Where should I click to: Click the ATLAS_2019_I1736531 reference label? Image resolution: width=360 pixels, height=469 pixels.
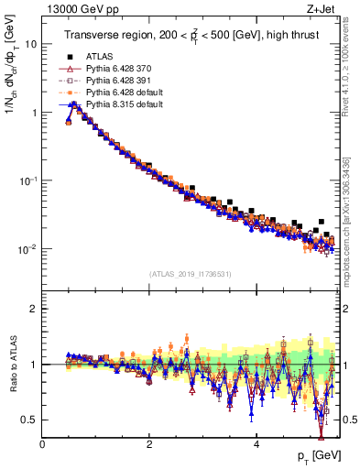click(x=190, y=274)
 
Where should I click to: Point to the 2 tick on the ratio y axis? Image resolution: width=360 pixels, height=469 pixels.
click(x=34, y=309)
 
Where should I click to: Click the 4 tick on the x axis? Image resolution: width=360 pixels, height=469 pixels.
click(x=256, y=444)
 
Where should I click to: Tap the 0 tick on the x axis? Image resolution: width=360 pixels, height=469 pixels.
click(x=43, y=444)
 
